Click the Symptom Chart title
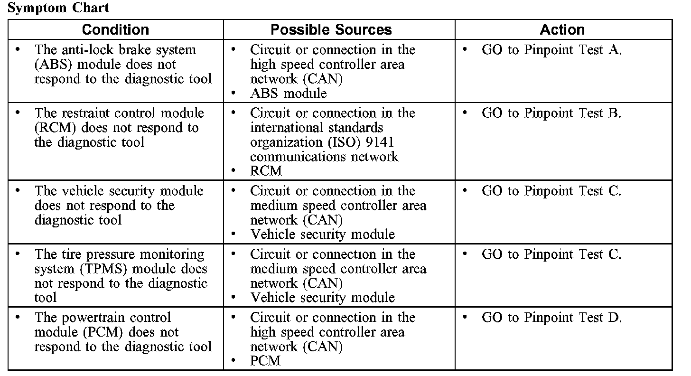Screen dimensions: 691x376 [x=59, y=8]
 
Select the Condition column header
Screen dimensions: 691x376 [x=115, y=29]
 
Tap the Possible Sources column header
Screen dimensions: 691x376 [x=331, y=29]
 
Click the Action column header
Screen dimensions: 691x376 [x=562, y=29]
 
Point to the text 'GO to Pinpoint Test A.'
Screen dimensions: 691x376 [x=551, y=50]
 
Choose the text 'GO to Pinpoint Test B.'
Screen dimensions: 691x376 [x=551, y=113]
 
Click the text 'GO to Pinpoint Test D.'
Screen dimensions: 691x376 [x=551, y=318]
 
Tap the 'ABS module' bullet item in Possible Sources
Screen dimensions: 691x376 [x=288, y=94]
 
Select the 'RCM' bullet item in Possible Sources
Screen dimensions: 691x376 [x=266, y=171]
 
